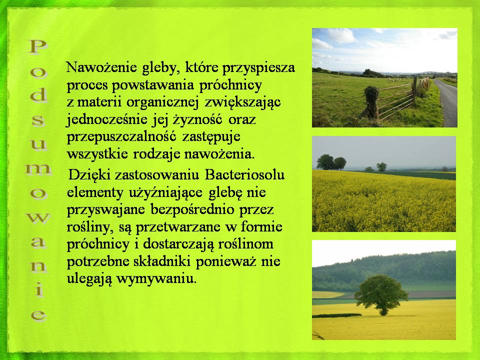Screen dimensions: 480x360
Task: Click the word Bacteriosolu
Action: pos(244,175)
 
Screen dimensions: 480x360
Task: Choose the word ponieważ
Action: pos(225,261)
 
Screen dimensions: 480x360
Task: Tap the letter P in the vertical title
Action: pos(38,47)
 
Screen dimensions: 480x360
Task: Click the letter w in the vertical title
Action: pos(38,218)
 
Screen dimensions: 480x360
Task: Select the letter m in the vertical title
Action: pos(38,169)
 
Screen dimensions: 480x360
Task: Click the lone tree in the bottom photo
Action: pos(381,294)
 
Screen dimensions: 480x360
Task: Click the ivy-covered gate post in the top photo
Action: pos(371,101)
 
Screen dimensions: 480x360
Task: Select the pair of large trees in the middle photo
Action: pos(331,162)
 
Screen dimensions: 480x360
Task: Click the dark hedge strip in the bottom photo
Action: pos(336,315)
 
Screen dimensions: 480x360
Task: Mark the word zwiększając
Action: pos(242,102)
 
